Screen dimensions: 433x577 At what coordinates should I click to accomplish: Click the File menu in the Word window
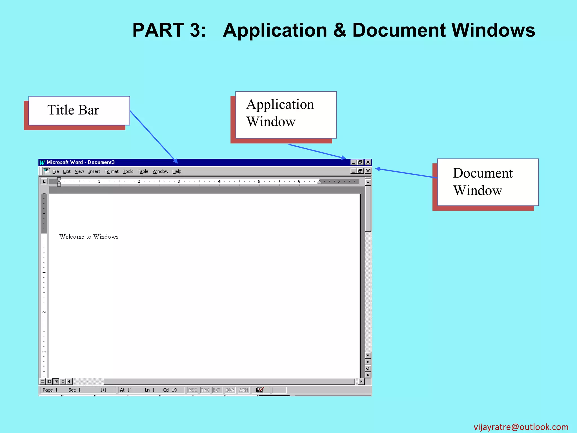click(56, 171)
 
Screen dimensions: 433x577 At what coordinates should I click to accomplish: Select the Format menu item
click(111, 171)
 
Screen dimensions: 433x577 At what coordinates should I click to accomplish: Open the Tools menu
click(128, 171)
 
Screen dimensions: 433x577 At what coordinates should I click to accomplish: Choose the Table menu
click(143, 171)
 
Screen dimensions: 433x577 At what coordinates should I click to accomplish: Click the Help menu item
click(177, 171)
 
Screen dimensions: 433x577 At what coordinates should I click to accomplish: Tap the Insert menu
click(94, 171)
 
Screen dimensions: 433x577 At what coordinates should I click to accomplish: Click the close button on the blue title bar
click(368, 162)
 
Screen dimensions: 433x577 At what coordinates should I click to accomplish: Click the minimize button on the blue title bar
click(353, 162)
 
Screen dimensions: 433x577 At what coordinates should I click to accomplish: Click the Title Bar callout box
click(79, 111)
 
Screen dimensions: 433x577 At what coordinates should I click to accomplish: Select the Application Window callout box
click(286, 115)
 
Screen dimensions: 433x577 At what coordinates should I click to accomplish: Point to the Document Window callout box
click(488, 182)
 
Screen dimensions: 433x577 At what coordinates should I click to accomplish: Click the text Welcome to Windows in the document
click(89, 237)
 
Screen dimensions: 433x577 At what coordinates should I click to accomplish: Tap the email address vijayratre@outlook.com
click(521, 427)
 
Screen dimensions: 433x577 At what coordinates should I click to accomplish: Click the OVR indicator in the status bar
click(230, 390)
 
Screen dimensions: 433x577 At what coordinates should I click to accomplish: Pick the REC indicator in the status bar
click(192, 390)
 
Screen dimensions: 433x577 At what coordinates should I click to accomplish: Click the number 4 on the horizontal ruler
click(219, 181)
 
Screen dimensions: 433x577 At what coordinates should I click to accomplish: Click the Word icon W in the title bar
click(42, 162)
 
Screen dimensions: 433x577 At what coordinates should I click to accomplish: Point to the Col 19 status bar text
click(170, 390)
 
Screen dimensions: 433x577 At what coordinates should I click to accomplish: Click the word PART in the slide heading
click(158, 30)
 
